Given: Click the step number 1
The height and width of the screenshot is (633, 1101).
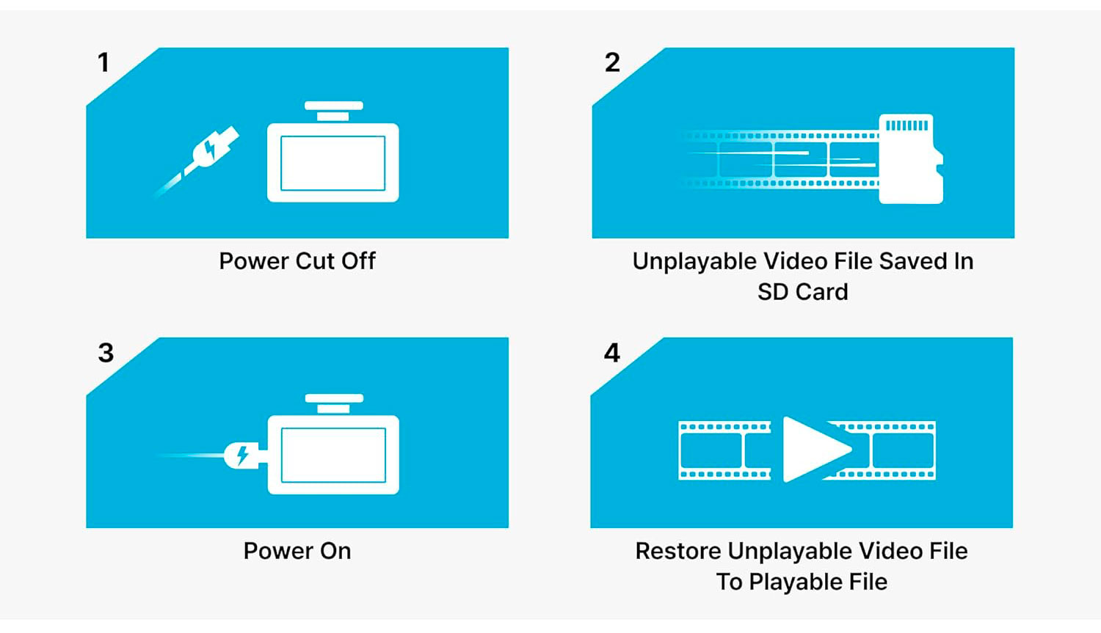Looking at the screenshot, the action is click(x=103, y=62).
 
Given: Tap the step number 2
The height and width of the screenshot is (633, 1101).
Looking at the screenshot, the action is click(x=612, y=62).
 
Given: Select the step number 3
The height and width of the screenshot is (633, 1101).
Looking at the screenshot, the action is click(x=106, y=353).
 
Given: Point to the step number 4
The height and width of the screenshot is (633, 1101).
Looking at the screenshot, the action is click(x=612, y=353).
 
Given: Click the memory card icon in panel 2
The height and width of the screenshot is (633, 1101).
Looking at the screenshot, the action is click(x=911, y=158).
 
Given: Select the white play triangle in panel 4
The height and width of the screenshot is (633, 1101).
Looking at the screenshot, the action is click(x=817, y=450).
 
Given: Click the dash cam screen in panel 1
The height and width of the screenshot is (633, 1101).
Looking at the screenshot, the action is click(x=333, y=163).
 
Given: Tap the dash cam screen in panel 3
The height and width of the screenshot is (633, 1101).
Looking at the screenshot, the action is click(x=333, y=455).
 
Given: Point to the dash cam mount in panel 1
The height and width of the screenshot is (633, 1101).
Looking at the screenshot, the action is click(x=334, y=111).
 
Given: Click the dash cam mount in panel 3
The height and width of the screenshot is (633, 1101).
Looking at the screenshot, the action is click(x=334, y=403).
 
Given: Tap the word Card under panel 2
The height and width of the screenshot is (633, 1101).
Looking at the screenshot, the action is click(x=824, y=292).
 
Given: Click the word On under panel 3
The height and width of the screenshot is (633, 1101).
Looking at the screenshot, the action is click(x=335, y=551).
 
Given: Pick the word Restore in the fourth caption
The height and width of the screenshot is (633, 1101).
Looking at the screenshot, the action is click(x=678, y=551).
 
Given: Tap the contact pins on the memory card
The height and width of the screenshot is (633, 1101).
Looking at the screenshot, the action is click(x=906, y=125).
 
